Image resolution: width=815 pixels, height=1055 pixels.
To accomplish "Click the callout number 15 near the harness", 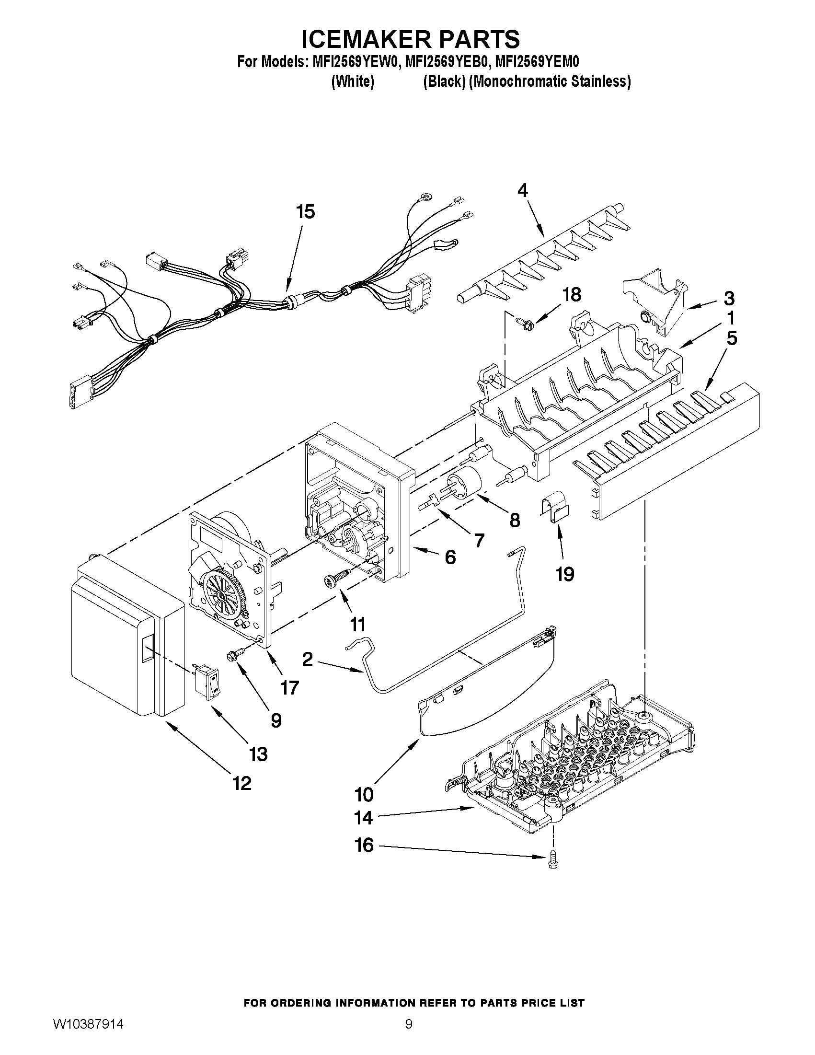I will point(306,211).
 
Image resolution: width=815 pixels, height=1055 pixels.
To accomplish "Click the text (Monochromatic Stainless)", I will point(550,81).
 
